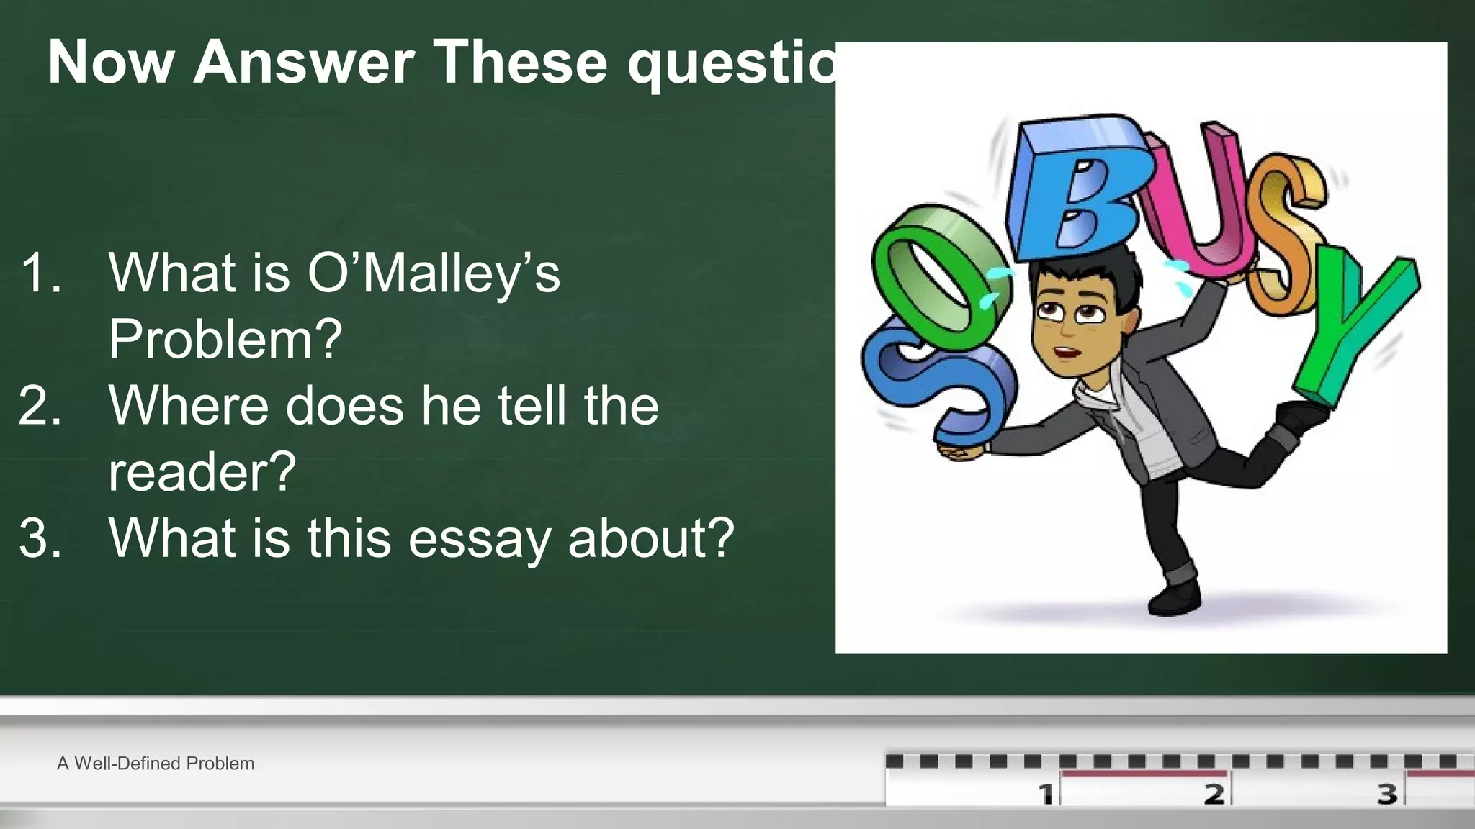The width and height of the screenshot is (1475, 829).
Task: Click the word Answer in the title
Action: coord(303,62)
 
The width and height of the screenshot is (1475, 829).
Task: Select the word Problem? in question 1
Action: coord(225,339)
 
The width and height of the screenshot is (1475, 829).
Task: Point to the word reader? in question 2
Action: coord(202,471)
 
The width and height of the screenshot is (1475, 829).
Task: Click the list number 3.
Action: coord(40,538)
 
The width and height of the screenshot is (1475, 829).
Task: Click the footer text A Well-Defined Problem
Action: coord(156,764)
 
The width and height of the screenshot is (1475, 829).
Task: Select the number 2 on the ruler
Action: coord(1214,794)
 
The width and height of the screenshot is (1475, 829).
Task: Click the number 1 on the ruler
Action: coord(1046,794)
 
